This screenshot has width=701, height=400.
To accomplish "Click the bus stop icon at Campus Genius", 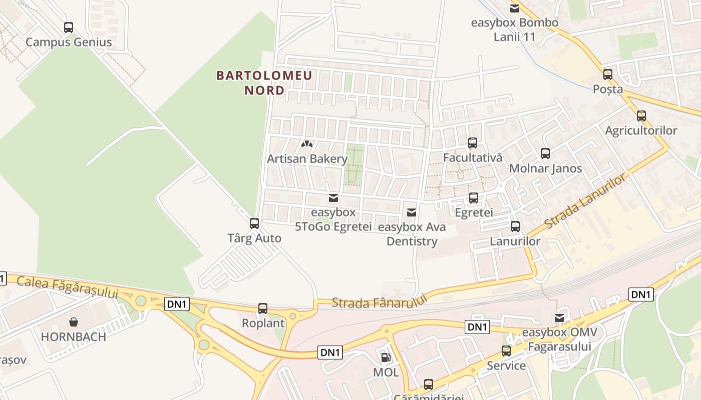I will (x=69, y=27).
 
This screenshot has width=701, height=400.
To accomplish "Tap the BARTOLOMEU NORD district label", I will (x=264, y=83).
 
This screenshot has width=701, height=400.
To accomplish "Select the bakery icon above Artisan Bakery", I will (x=307, y=144).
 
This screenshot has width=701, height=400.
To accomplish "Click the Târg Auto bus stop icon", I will (x=254, y=223).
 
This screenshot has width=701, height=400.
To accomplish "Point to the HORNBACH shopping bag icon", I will (x=74, y=321).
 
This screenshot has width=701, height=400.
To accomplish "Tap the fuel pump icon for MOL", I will (x=386, y=357).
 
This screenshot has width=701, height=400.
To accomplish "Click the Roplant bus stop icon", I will (x=263, y=308).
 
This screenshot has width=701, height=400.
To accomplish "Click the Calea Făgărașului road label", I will (x=67, y=287).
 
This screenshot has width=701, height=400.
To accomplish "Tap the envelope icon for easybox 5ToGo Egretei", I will (x=333, y=198).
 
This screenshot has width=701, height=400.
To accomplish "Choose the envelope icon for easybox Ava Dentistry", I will (x=412, y=213).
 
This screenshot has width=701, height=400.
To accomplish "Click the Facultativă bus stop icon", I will (x=472, y=143).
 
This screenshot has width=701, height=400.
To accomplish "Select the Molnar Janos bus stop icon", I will (x=545, y=153).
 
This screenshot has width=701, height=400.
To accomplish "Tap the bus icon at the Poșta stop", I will (x=608, y=74).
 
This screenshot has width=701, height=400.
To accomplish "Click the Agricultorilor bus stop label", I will (x=641, y=130).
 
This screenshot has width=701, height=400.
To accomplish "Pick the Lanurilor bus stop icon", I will (x=515, y=226).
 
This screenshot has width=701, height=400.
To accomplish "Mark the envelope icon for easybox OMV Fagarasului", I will (x=559, y=318).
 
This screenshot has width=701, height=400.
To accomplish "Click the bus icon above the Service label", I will (x=506, y=350).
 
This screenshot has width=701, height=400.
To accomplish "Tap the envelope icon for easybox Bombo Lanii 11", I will (x=514, y=8).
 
